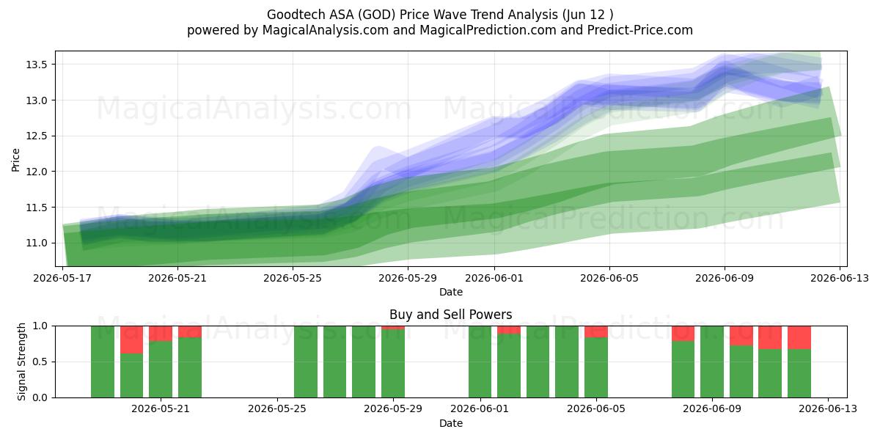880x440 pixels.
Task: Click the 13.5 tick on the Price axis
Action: (37, 65)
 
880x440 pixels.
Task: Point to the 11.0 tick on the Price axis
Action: (37, 243)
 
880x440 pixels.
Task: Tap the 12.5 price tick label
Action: (37, 136)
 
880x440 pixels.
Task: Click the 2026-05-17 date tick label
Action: (62, 278)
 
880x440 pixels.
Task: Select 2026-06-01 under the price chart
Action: (494, 278)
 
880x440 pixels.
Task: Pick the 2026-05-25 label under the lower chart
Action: (277, 408)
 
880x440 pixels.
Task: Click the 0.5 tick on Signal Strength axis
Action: (40, 362)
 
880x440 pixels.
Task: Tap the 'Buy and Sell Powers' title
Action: (450, 315)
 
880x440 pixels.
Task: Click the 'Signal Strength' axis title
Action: (21, 362)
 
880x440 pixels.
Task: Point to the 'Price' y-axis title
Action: (15, 160)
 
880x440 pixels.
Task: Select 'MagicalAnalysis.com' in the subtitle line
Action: (326, 30)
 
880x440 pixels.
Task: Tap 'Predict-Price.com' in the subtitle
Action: (640, 30)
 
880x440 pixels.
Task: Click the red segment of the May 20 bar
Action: (131, 340)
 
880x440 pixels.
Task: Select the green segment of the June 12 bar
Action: (799, 373)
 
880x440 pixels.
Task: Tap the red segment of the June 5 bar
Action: (596, 331)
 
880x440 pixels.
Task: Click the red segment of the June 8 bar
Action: (683, 334)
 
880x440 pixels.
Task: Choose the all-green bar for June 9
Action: (712, 362)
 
